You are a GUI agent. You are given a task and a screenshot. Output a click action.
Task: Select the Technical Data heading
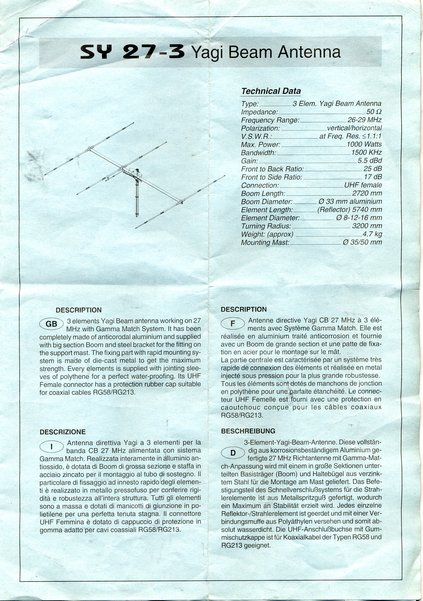point(271,91)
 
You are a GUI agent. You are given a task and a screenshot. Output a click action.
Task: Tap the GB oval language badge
point(51,324)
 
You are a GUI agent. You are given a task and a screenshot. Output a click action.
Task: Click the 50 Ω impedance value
point(374,112)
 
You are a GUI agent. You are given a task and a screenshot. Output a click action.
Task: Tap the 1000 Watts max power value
point(364,144)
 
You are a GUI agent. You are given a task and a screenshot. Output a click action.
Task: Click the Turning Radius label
point(266,226)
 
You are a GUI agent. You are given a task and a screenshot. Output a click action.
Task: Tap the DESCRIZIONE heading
point(63,432)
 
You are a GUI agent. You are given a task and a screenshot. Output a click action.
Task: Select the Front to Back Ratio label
point(272,169)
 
